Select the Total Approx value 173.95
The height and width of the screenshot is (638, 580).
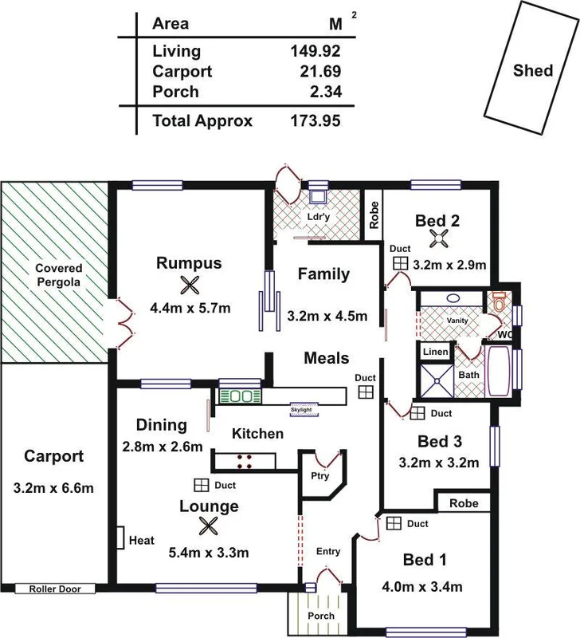pyautogui.click(x=315, y=121)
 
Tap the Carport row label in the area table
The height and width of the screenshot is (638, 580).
pyautogui.click(x=182, y=72)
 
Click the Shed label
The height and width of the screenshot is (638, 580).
pyautogui.click(x=532, y=70)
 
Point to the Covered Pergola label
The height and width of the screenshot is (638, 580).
pyautogui.click(x=58, y=275)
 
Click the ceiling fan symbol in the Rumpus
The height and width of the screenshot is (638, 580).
pyautogui.click(x=188, y=286)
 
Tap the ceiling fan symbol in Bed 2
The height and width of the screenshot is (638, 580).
pyautogui.click(x=437, y=238)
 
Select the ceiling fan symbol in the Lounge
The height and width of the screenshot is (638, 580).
pyautogui.click(x=209, y=526)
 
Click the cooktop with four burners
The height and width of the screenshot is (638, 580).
pyautogui.click(x=245, y=460)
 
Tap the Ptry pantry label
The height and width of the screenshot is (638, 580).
pyautogui.click(x=319, y=475)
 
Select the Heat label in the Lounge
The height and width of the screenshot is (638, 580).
pyautogui.click(x=141, y=541)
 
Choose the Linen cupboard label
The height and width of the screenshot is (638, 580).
pyautogui.click(x=435, y=352)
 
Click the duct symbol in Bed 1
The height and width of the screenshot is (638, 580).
pyautogui.click(x=393, y=522)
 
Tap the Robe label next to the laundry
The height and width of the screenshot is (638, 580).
pyautogui.click(x=373, y=212)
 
